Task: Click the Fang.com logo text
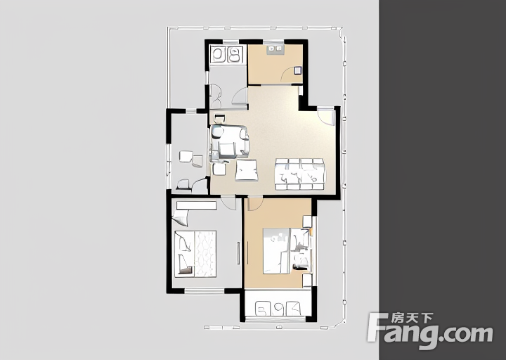pos(430,331)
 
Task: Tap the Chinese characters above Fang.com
pos(412,319)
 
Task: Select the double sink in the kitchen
pos(226,54)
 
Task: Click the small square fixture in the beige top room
pos(297,70)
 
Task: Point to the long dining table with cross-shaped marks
pos(299,174)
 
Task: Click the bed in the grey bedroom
pos(195,254)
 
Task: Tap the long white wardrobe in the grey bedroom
pos(196,205)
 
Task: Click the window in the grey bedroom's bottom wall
pos(205,291)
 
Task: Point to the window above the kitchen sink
pos(231,41)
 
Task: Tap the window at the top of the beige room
pos(273,41)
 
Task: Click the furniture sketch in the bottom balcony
pos(278,309)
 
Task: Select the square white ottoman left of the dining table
pos(247,170)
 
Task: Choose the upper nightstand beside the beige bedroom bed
pos(307,221)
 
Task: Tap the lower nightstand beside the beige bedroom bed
pos(307,281)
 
